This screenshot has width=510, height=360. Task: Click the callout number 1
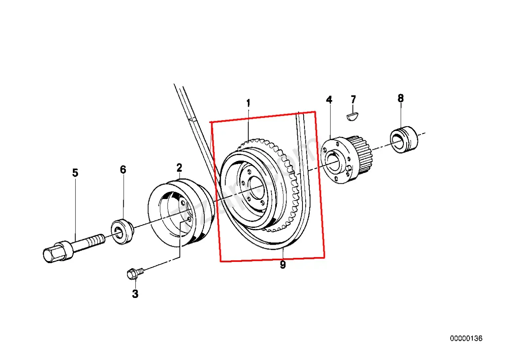point(248,103)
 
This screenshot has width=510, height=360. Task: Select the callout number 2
point(179,167)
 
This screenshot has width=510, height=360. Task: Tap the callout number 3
point(135,294)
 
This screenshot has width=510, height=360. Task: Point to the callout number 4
point(329,100)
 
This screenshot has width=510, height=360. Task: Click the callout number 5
point(75,173)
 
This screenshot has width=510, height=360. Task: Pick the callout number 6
point(123,170)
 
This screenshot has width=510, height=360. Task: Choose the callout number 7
point(353,99)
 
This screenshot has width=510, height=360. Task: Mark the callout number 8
point(401,98)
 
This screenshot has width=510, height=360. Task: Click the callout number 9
point(283,265)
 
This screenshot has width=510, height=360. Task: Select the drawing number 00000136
point(466,338)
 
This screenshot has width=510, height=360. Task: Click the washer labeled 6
point(122,231)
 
